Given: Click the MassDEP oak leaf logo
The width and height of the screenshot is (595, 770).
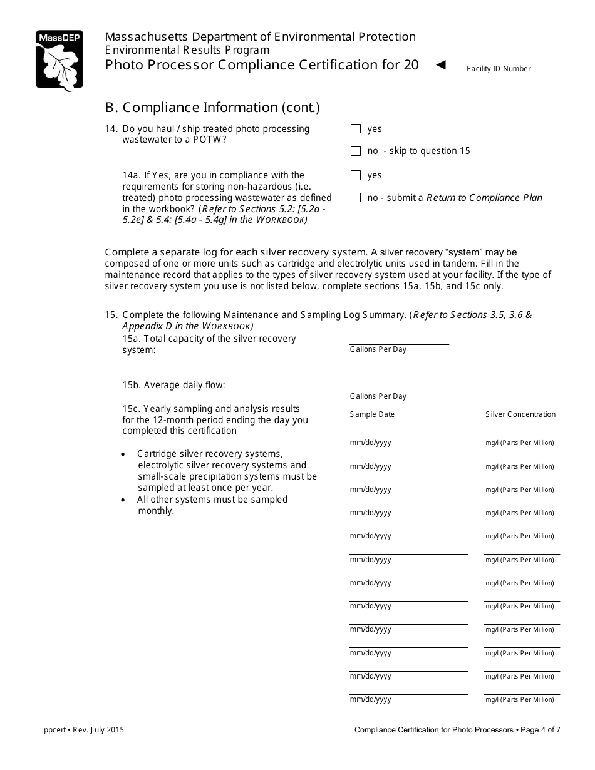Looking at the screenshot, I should tap(59, 61).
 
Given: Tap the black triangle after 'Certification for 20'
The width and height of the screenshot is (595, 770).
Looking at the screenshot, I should tap(441, 64).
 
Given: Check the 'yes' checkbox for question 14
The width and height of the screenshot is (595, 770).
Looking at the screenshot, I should tap(356, 129).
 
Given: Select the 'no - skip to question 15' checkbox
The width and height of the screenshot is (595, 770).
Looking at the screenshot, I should tap(356, 151).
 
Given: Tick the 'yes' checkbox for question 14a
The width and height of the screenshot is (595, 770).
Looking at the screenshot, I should tap(356, 175).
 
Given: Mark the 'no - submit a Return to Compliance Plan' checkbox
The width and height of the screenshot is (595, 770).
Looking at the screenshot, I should tap(356, 198).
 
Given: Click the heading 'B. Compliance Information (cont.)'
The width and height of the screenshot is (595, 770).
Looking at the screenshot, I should tap(212, 108).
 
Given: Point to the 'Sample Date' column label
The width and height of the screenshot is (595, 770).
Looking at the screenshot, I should tap(372, 414).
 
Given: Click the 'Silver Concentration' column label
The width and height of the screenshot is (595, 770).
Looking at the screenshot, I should tap(520, 414).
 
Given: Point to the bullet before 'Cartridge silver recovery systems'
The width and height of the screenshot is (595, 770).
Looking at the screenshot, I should tap(123, 454).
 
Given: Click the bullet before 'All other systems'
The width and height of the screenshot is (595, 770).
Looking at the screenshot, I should tap(123, 500).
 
